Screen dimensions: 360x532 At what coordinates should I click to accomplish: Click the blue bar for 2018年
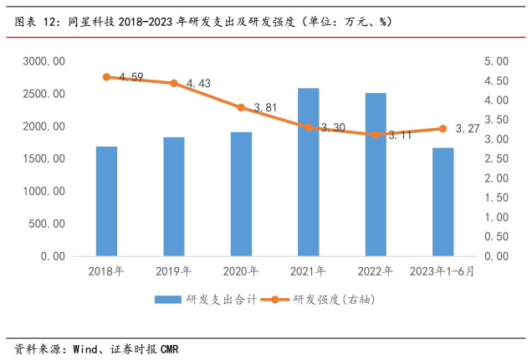click(x=106, y=201)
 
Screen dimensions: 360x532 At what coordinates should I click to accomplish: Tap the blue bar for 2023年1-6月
click(x=442, y=202)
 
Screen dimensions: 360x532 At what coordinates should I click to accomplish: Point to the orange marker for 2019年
click(x=174, y=83)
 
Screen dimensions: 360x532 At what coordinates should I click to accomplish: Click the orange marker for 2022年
click(x=376, y=134)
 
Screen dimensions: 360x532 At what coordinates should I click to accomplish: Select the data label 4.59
click(x=131, y=77)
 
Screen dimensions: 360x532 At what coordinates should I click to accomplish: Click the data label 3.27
click(x=468, y=129)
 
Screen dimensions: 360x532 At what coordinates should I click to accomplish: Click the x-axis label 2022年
click(x=376, y=270)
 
